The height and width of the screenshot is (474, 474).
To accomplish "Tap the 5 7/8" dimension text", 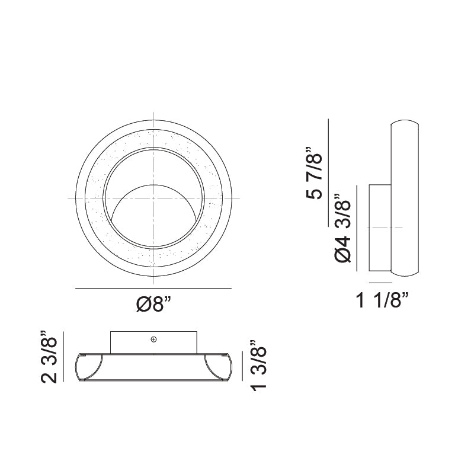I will coord(315,175).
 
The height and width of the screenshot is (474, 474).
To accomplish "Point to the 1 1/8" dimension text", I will coord(383,301).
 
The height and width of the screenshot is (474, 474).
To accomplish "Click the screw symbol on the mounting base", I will coord(153,340).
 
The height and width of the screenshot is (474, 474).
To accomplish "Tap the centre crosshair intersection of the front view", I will coord(153,197).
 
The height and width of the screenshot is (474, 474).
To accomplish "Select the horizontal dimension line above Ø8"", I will coord(153,288).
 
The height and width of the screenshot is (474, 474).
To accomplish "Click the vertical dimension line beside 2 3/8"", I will coord(63,358).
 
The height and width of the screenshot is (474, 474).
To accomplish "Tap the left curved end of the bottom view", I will coord(89,367).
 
